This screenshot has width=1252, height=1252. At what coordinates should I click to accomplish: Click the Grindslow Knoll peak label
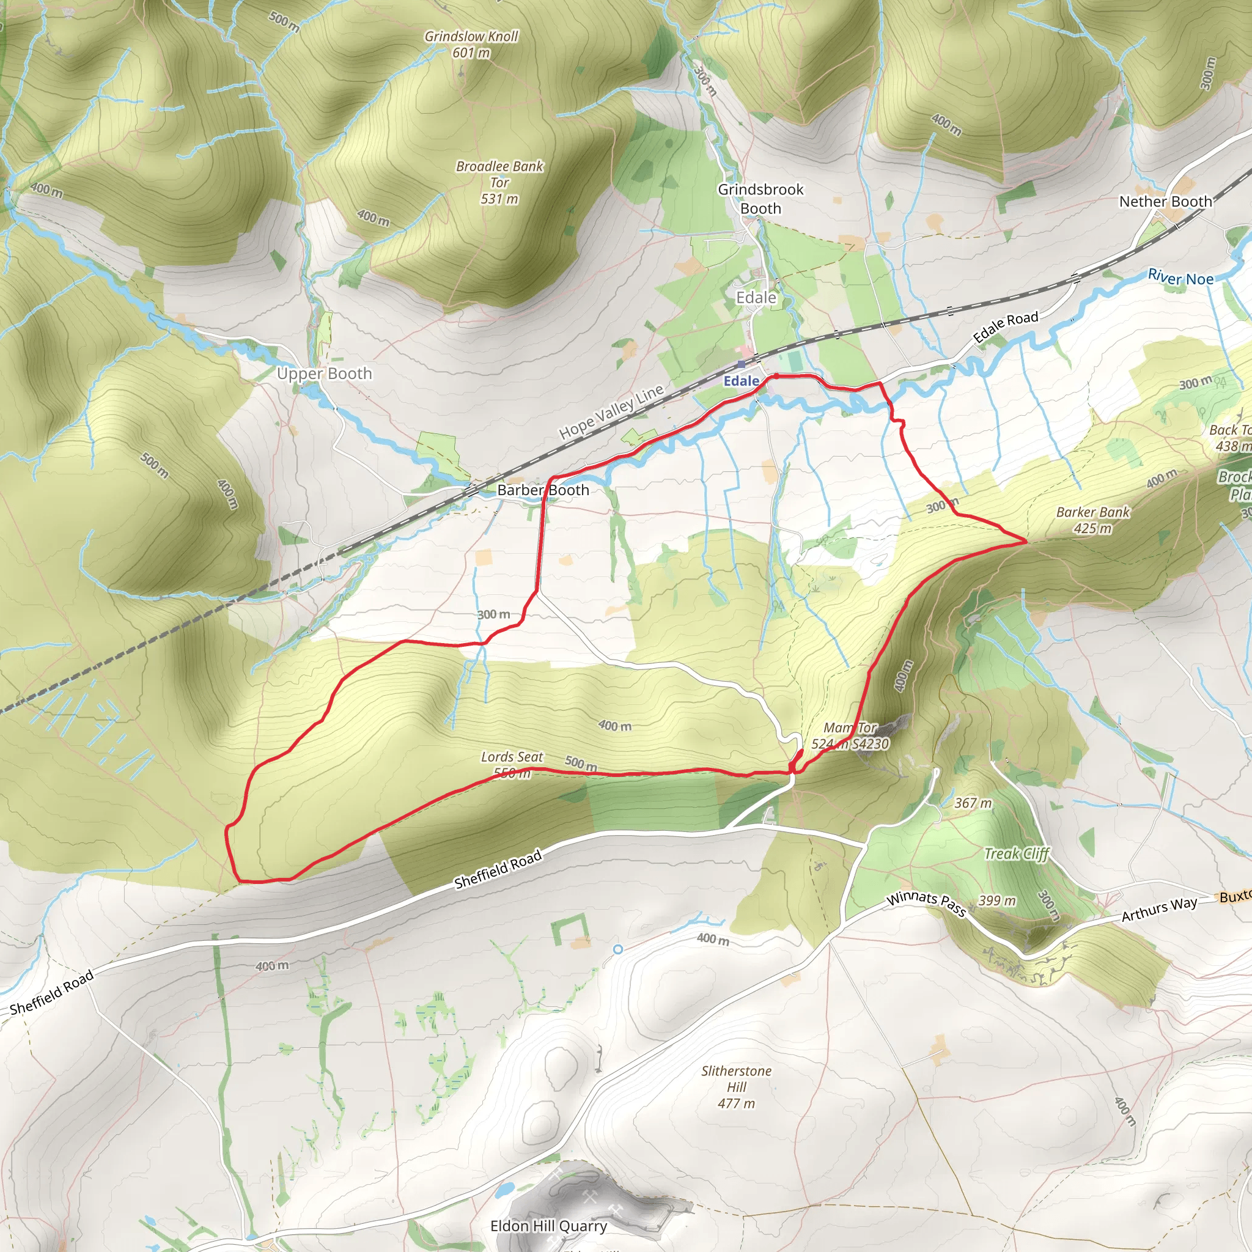pyautogui.click(x=471, y=44)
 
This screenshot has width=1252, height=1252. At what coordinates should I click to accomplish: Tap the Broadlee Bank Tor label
pyautogui.click(x=499, y=182)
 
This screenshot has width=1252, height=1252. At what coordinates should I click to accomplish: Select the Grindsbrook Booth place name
pyautogui.click(x=760, y=198)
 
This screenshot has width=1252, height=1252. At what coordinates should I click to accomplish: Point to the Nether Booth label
pyautogui.click(x=1165, y=202)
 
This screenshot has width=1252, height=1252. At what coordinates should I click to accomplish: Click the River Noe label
pyautogui.click(x=1180, y=278)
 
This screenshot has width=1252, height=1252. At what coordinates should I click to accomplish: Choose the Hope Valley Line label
pyautogui.click(x=611, y=411)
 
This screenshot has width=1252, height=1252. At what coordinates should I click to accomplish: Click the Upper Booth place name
pyautogui.click(x=324, y=374)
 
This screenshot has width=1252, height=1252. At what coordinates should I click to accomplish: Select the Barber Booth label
pyautogui.click(x=543, y=490)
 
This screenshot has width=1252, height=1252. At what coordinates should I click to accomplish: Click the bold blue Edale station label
pyautogui.click(x=741, y=381)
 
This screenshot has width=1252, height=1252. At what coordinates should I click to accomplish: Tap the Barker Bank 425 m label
pyautogui.click(x=1092, y=520)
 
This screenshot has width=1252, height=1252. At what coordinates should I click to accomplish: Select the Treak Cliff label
pyautogui.click(x=1016, y=853)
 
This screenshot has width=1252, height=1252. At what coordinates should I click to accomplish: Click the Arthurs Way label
pyautogui.click(x=1159, y=908)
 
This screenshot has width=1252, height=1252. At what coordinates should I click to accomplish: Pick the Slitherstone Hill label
pyautogui.click(x=736, y=1087)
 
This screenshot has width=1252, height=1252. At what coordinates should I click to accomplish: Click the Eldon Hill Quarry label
pyautogui.click(x=548, y=1226)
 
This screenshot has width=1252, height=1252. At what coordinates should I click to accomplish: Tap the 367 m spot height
pyautogui.click(x=973, y=803)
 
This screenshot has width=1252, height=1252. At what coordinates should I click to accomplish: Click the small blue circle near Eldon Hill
pyautogui.click(x=617, y=949)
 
